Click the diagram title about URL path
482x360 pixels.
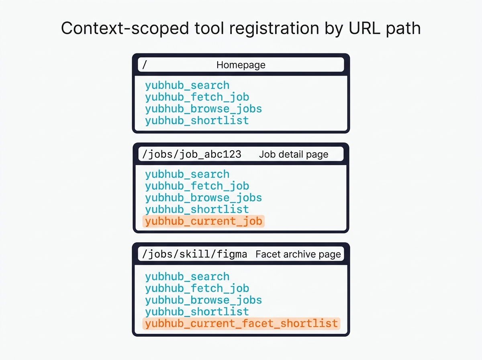pos(241,29)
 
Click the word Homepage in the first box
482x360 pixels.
pos(241,65)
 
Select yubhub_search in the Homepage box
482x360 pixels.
pos(187,85)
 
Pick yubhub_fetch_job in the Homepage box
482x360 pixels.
pos(197,97)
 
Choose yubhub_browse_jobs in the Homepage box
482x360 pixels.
pos(204,108)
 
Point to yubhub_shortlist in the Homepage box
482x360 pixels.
pos(197,120)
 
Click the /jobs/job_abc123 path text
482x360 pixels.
pos(192,154)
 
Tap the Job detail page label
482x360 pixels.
pos(294,154)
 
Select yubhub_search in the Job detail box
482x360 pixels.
pos(187,174)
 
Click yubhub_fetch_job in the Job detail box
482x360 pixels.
pos(197,186)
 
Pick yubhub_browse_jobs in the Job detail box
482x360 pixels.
pos(204,198)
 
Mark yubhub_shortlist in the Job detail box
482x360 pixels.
pos(197,209)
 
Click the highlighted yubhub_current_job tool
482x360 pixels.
pos(204,221)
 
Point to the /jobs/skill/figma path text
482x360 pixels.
pos(195,254)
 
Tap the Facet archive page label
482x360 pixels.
pos(298,254)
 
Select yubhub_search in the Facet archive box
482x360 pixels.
pos(187,276)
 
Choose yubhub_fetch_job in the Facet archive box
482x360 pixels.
pos(197,288)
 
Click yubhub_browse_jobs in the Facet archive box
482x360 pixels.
pos(204,300)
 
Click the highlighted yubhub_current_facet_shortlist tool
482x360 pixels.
pos(241,323)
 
